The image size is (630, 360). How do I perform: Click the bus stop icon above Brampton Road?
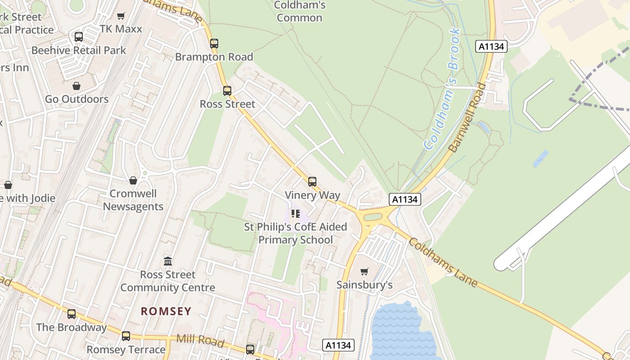(214, 44)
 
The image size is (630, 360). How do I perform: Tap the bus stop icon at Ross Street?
(227, 91)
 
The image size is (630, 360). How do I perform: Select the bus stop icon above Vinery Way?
(312, 182)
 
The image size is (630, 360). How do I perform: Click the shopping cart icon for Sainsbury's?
(364, 271)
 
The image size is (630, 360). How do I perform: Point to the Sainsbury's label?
(364, 285)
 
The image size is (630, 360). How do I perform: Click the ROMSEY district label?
(166, 311)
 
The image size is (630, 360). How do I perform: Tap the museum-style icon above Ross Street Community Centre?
(168, 261)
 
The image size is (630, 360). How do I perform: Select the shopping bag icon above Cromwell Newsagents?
(133, 180)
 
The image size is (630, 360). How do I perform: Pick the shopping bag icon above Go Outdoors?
(76, 86)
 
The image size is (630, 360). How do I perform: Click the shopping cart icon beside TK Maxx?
(121, 16)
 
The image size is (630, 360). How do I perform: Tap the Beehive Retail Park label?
(79, 50)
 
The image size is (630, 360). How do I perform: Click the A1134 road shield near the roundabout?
(405, 199)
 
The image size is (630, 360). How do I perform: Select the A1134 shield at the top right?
(492, 46)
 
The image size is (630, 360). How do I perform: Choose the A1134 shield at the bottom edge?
(338, 345)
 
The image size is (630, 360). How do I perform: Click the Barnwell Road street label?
(468, 117)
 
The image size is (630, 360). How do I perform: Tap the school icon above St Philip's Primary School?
(295, 213)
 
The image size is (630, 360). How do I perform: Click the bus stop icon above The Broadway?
(72, 314)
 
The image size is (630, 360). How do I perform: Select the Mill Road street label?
(200, 340)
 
